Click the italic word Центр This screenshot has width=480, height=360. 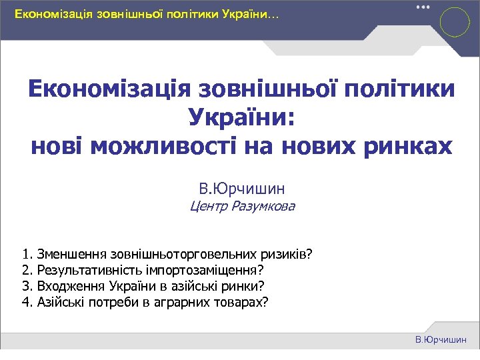[x=209, y=206]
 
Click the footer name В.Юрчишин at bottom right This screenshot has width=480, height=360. [x=441, y=340]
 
